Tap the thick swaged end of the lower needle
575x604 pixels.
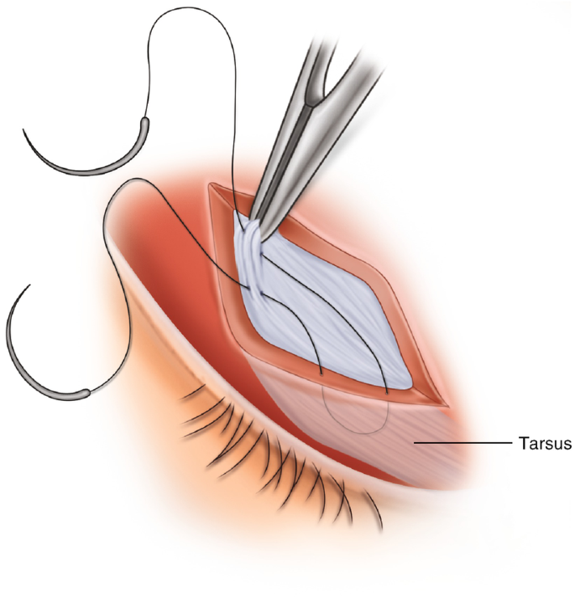[x=81, y=391]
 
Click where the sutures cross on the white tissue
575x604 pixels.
[x=257, y=289]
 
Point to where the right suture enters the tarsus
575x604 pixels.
[x=385, y=391]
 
